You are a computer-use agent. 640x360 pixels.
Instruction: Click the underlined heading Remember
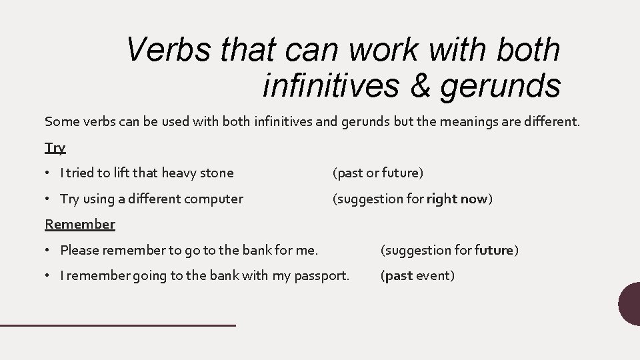coord(79,224)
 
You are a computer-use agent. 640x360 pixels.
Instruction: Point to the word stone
coord(217,173)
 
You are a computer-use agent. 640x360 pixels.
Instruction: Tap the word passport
coord(322,275)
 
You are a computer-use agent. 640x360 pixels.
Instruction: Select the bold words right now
coord(457,199)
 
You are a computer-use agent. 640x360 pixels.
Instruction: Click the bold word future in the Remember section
coord(493,250)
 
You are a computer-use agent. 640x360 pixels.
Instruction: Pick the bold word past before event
coord(399,275)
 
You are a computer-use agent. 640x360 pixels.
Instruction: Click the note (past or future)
coord(378,173)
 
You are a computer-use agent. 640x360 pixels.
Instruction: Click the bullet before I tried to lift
coord(50,173)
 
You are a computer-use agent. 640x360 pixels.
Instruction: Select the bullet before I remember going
coord(50,275)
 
